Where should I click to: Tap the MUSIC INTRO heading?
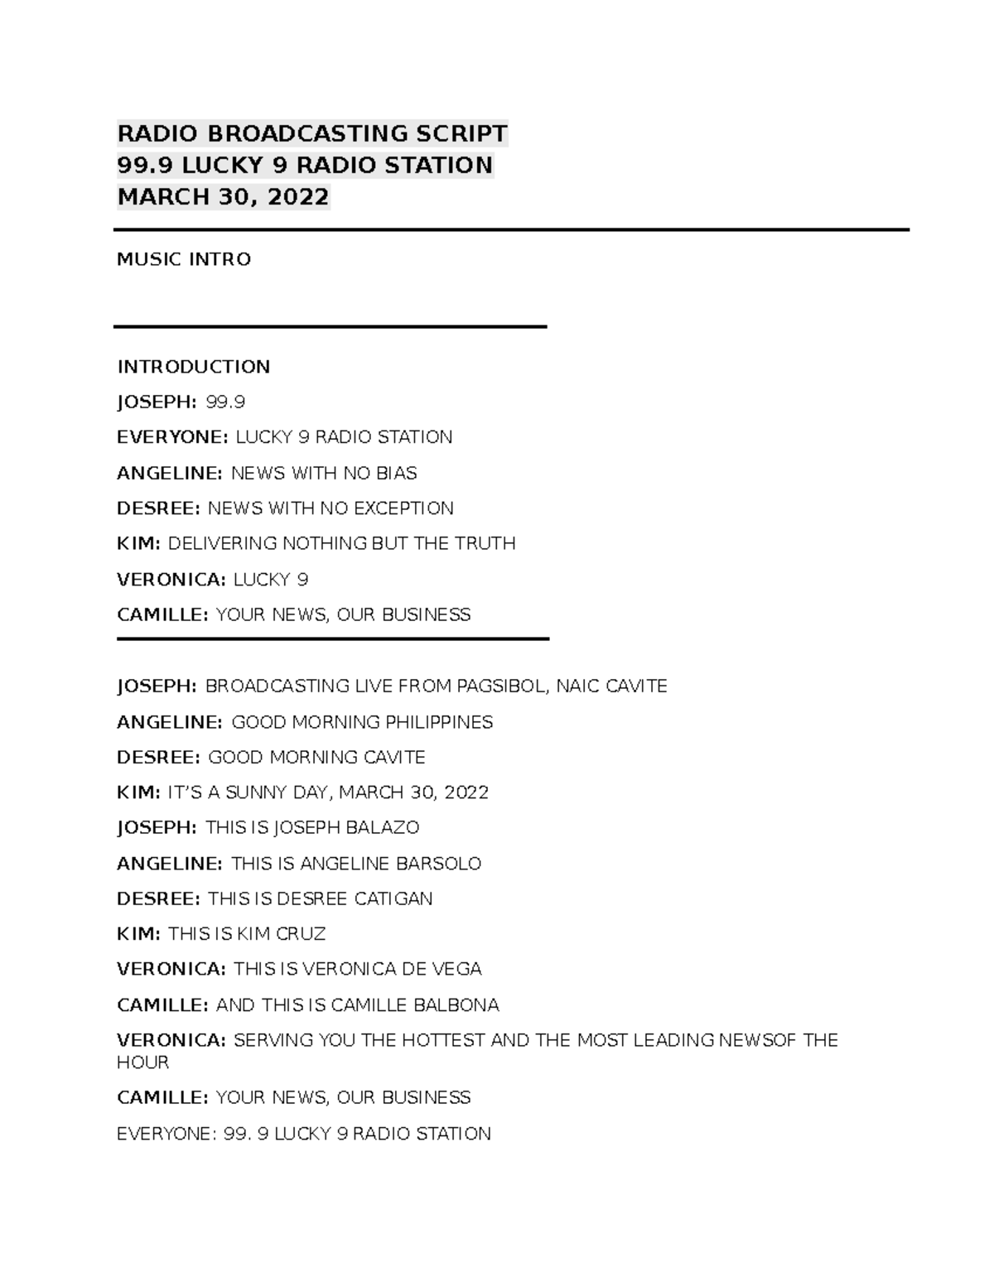(x=184, y=259)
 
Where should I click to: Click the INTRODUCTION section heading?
(x=194, y=367)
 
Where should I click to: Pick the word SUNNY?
(x=256, y=792)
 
